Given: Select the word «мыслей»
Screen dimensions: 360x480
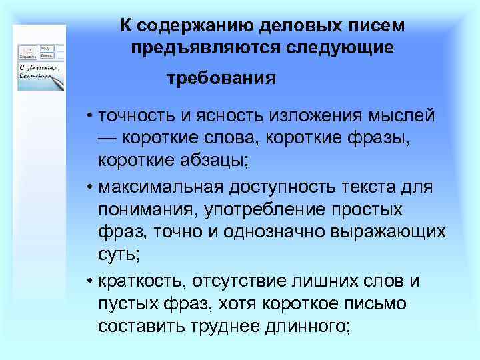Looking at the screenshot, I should click(402, 115).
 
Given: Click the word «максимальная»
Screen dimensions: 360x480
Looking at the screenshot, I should click(156, 187).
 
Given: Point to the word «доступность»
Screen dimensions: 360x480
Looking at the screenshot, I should click(280, 187).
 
